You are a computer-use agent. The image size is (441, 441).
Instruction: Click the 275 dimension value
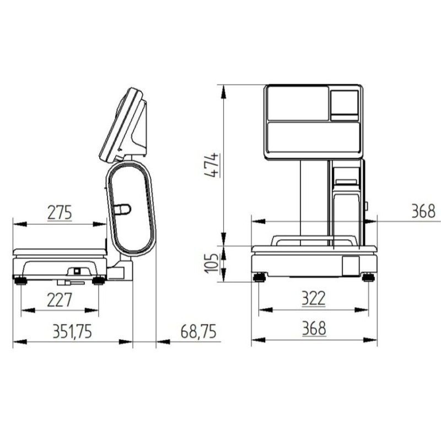tap(60, 213)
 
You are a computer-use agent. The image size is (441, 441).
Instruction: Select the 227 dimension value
tap(60, 300)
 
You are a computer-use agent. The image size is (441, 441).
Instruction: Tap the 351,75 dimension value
tap(72, 331)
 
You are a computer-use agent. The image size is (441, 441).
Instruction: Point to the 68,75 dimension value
tap(198, 331)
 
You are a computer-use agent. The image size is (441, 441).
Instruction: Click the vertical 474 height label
tap(212, 165)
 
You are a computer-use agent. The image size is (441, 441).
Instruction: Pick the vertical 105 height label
tap(211, 263)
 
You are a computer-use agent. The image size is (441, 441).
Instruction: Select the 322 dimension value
tap(314, 299)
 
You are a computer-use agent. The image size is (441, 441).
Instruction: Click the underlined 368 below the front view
tap(314, 329)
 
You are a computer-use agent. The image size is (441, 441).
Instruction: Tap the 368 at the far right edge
tap(423, 211)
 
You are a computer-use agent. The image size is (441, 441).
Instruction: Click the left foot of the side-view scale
tap(20, 281)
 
